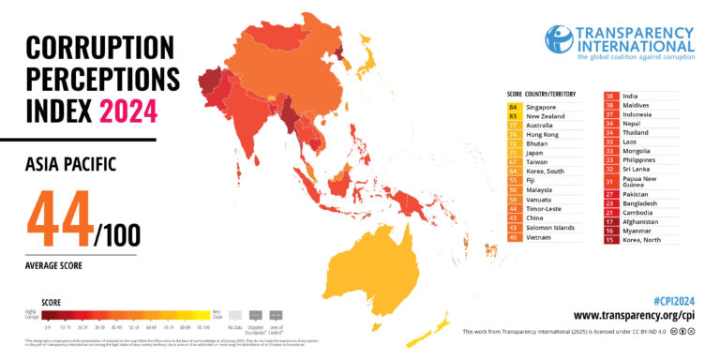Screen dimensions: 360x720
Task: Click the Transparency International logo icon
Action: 560,39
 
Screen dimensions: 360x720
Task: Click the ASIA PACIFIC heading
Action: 71,165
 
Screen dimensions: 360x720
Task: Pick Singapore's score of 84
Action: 513,107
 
